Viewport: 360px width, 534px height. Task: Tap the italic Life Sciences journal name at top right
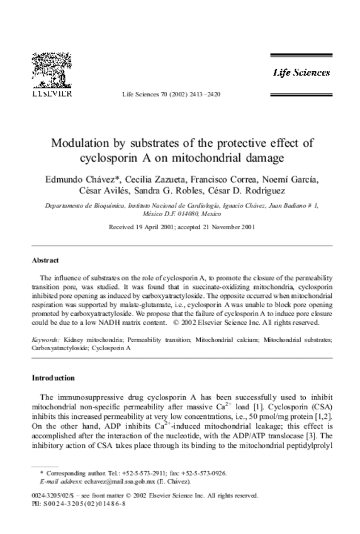(301, 72)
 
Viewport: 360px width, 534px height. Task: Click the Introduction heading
(53, 378)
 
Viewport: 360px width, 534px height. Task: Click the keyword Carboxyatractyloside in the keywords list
(60, 347)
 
